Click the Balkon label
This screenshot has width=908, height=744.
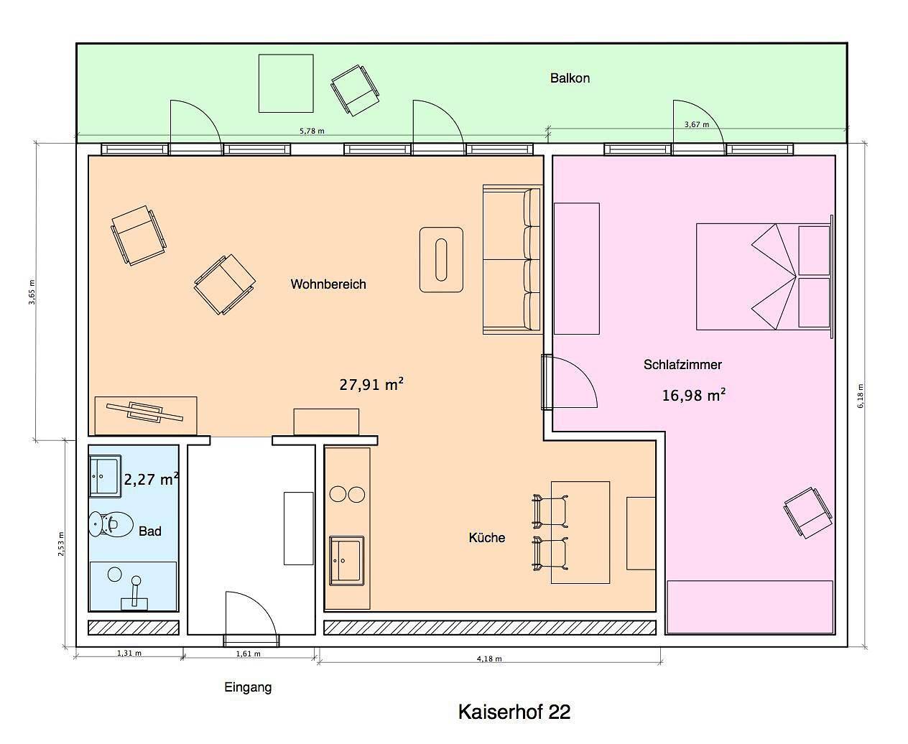(570, 78)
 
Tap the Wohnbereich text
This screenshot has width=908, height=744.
(328, 284)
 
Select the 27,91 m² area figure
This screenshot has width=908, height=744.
(371, 383)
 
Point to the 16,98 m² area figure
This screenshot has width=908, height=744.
(694, 394)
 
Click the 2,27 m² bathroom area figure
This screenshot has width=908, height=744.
(152, 478)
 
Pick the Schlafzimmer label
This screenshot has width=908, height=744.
(682, 365)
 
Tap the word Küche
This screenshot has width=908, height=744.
(487, 537)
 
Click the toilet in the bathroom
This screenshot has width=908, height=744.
(111, 524)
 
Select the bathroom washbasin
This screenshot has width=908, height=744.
(105, 478)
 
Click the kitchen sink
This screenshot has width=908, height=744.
(346, 561)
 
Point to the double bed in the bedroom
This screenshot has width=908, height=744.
(764, 276)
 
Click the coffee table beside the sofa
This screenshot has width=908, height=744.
(441, 260)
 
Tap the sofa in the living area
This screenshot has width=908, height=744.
(512, 259)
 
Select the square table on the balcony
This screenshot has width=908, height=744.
(286, 83)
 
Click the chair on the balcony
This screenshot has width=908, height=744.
(355, 90)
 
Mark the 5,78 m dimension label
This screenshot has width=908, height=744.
(312, 131)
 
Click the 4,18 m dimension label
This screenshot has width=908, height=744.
(489, 659)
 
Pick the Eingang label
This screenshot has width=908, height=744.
(248, 687)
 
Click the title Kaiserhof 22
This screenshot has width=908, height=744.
(514, 712)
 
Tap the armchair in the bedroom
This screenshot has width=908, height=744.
(808, 513)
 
